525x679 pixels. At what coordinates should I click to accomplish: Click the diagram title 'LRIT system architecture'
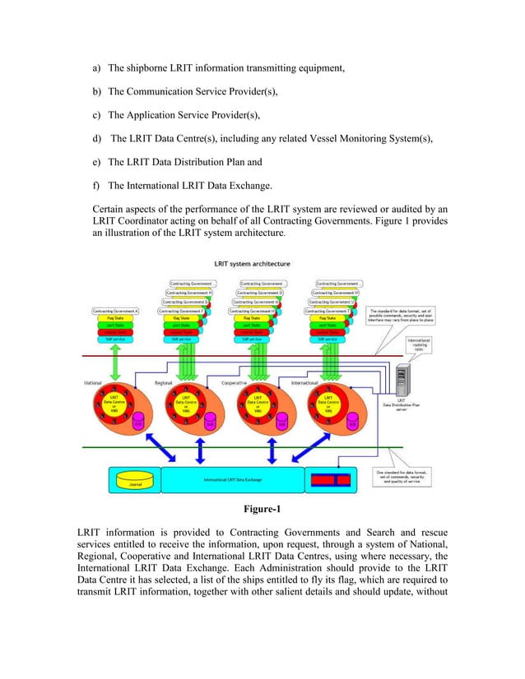pos(252,264)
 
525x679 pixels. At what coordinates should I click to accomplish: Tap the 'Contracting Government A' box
pos(114,312)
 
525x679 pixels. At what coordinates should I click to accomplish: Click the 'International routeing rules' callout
pos(421,343)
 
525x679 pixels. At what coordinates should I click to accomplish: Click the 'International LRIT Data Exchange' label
pos(233,479)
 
